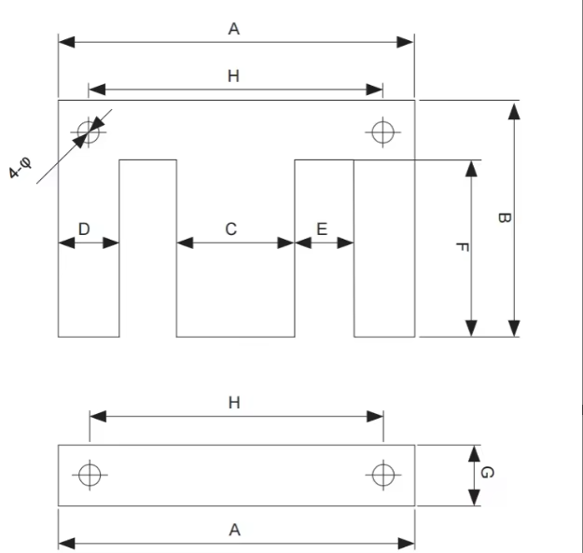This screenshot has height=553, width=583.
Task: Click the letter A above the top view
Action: tap(234, 29)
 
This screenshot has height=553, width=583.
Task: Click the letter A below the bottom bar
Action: tap(235, 530)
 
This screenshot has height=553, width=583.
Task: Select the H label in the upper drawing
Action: tap(233, 76)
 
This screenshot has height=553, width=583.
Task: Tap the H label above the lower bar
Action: tap(234, 403)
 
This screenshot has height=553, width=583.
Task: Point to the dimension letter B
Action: tap(504, 218)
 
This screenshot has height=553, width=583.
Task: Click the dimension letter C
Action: tap(231, 229)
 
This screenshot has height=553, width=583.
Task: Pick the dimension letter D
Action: tap(84, 229)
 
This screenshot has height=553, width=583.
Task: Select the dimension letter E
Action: tap(322, 229)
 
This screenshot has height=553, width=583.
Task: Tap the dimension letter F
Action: tap(462, 247)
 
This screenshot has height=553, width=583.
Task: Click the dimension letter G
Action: tap(488, 473)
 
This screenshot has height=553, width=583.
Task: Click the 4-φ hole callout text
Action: tap(21, 168)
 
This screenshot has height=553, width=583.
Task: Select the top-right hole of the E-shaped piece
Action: tap(383, 131)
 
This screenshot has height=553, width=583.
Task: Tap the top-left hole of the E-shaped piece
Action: tap(89, 131)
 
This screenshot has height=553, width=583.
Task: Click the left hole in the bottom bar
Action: tap(90, 475)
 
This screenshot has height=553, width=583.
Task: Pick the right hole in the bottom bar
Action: tap(383, 475)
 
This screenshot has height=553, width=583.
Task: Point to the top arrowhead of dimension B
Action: tap(514, 111)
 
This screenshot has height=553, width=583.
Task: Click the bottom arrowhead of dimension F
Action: tap(471, 327)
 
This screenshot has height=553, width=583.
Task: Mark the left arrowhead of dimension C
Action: tap(185, 243)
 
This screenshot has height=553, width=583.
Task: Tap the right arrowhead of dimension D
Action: tap(111, 243)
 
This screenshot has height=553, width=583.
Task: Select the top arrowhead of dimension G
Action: tap(474, 453)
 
